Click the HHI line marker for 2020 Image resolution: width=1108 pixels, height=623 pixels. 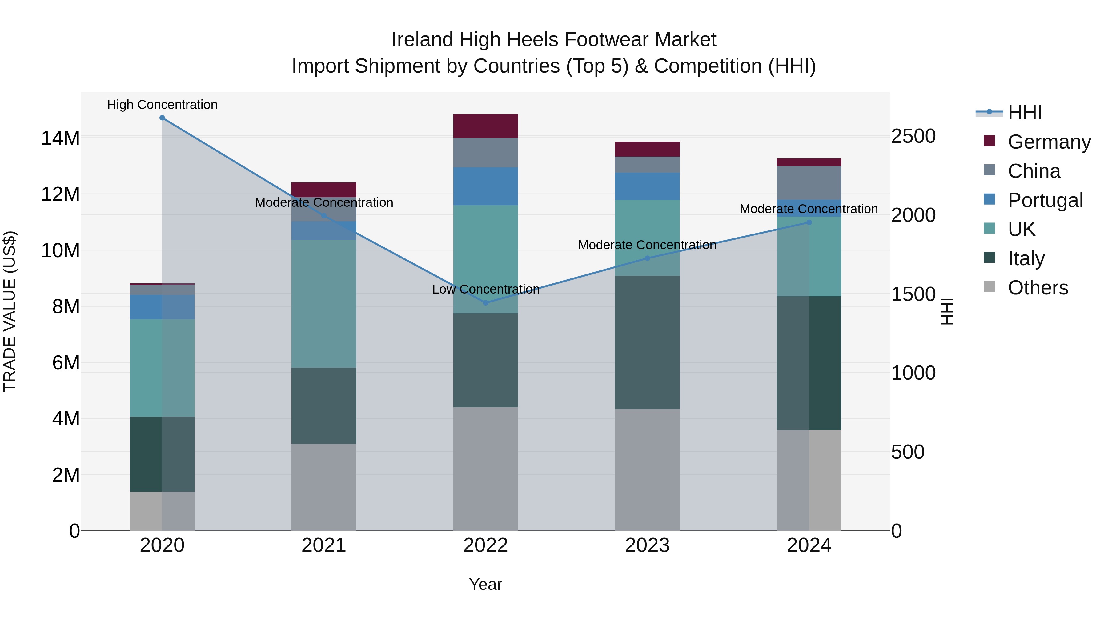click(x=162, y=118)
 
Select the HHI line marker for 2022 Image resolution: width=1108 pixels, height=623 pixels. click(x=486, y=303)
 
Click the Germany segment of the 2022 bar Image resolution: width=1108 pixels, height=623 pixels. click(x=486, y=126)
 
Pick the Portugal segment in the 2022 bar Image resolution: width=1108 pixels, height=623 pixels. click(x=486, y=186)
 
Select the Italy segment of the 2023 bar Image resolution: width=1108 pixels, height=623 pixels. click(x=647, y=342)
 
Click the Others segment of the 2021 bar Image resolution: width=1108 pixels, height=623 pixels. click(x=324, y=487)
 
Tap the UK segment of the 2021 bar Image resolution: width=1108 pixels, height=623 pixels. click(x=324, y=304)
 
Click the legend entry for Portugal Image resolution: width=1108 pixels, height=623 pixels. click(x=1045, y=200)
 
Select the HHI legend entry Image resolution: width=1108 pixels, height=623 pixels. click(x=1025, y=113)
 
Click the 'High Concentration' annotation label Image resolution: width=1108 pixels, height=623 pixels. click(x=162, y=105)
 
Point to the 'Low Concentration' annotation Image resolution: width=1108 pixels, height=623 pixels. click(x=486, y=290)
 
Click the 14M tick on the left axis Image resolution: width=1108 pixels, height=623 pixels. click(x=60, y=138)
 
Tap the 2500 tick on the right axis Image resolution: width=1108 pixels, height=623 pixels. click(x=913, y=136)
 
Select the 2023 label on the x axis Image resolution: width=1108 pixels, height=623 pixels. click(x=647, y=545)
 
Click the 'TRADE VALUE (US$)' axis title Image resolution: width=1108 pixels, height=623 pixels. click(x=10, y=311)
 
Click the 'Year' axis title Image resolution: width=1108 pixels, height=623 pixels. click(x=486, y=584)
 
